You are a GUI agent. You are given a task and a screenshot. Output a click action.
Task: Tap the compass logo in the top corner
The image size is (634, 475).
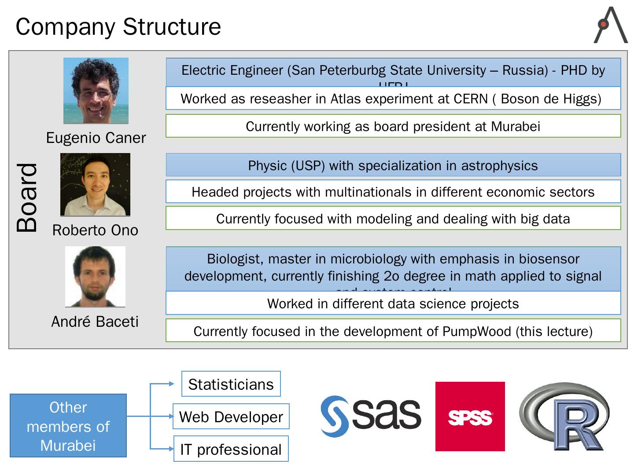[610, 25]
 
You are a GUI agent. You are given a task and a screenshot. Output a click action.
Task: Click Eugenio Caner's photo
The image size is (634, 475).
[96, 91]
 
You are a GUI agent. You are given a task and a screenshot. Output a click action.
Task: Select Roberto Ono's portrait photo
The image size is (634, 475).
[95, 184]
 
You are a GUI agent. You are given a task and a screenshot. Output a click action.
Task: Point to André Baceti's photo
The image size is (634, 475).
[95, 276]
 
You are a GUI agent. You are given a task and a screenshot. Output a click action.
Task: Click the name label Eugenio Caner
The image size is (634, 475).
[96, 138]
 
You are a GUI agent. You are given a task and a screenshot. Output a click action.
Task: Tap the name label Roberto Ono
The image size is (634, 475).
[95, 230]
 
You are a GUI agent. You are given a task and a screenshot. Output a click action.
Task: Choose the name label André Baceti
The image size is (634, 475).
[95, 322]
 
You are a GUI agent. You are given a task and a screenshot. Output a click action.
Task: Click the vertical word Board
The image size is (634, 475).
[27, 197]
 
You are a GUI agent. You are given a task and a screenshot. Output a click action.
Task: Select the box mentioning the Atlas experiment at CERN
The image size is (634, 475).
[393, 99]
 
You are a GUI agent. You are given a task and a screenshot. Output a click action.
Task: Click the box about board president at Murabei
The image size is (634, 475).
[393, 126]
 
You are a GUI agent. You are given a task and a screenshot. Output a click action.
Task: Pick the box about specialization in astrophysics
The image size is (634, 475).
[393, 165]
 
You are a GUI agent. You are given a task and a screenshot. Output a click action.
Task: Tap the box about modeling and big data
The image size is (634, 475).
[393, 219]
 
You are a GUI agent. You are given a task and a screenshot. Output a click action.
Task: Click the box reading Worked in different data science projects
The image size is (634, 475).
[393, 303]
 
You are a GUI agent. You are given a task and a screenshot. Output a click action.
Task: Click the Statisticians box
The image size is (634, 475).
[231, 384]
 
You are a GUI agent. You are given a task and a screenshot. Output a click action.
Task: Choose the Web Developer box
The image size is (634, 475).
[231, 417]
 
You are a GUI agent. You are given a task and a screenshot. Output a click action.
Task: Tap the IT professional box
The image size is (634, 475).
[231, 449]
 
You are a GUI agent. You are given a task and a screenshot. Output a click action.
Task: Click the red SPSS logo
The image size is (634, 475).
[470, 417]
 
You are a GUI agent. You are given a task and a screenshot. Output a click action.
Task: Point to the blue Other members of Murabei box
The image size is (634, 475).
[68, 426]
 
